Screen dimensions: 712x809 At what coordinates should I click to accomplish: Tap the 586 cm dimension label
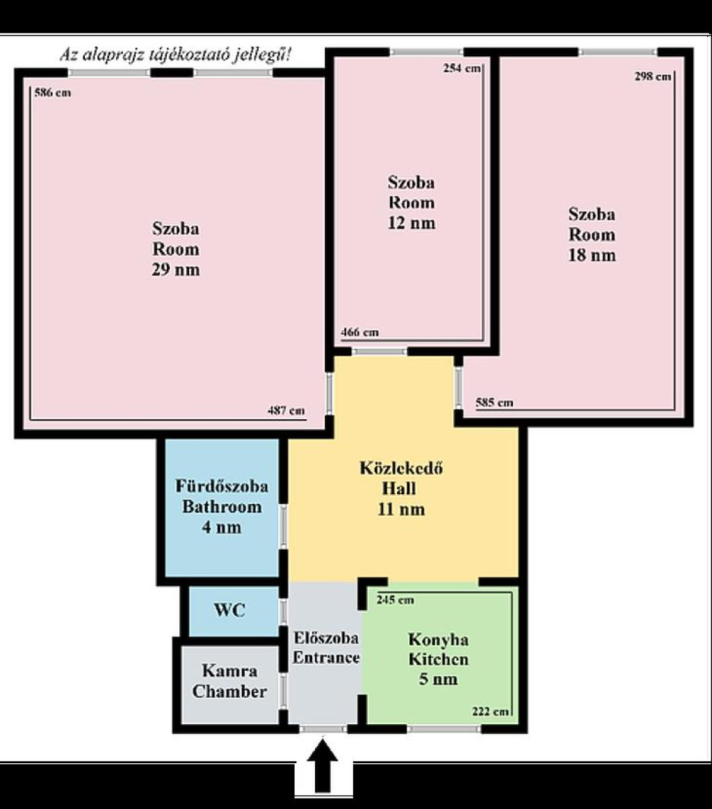53,93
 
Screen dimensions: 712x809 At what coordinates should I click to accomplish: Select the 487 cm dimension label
286,411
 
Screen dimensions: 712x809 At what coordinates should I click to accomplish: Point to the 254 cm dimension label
462,68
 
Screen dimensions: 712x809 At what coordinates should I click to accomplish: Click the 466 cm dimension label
360,332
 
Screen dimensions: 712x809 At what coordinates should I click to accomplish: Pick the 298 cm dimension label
653,76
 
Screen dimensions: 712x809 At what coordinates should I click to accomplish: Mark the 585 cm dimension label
494,402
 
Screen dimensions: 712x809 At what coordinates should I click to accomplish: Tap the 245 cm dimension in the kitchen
395,600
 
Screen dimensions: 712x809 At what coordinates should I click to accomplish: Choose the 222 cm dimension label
490,712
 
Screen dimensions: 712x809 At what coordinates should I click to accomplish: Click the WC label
229,610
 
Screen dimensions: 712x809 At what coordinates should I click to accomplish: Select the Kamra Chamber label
229,681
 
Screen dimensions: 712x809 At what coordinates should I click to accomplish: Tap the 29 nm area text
175,270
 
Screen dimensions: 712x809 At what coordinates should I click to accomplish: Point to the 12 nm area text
412,223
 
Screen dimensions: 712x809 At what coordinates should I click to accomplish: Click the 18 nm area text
592,255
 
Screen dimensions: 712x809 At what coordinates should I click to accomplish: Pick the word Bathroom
222,507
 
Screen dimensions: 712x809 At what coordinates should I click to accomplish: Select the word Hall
399,488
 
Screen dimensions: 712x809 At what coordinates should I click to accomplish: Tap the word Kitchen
438,660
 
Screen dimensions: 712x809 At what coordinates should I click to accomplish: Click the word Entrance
326,657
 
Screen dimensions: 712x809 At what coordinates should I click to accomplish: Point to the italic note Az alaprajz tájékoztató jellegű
175,54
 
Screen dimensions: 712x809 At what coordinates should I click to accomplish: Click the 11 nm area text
401,509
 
